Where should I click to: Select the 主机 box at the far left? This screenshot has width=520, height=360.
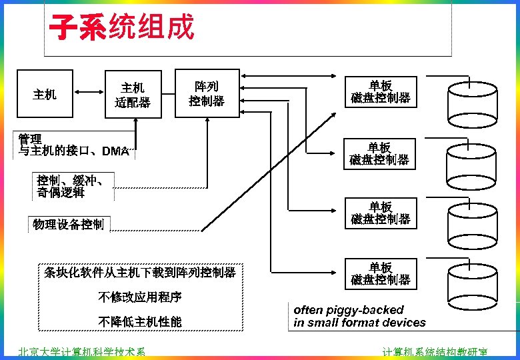coord(45,95)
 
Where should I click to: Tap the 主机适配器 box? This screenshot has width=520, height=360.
coord(133,95)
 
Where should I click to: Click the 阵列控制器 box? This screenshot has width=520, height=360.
coord(207,93)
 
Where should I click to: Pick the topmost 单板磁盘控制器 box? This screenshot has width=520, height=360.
coord(380,92)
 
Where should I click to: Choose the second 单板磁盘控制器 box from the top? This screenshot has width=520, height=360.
coord(380,154)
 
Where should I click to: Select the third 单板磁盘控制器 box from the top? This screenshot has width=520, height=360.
coord(380,213)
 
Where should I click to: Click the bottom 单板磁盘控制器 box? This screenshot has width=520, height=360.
coord(380,273)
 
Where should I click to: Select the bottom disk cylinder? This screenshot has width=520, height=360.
coord(473,283)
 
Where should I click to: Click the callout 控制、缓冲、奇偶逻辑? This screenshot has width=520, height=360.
coord(70,186)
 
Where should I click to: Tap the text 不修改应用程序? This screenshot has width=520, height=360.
coord(140,297)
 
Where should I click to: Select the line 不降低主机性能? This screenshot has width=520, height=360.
coord(140,323)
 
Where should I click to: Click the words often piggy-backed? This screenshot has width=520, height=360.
coord(349,310)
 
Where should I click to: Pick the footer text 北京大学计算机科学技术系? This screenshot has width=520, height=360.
coord(81,353)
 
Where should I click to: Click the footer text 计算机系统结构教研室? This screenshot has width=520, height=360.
coord(435,353)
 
